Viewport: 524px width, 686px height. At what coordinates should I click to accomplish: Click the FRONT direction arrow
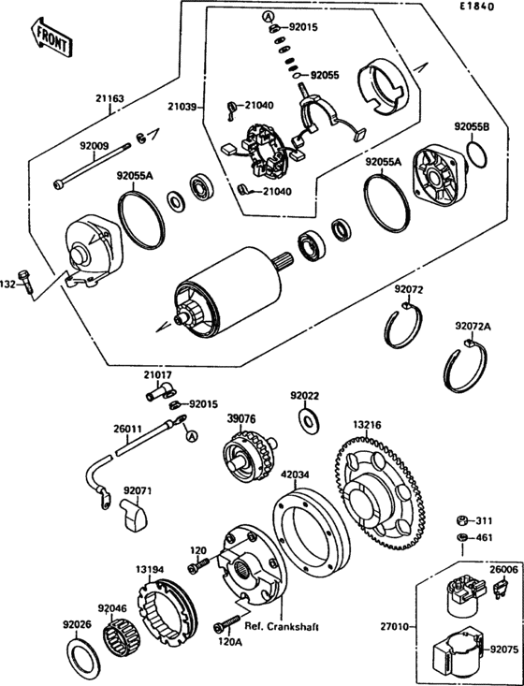click(51, 35)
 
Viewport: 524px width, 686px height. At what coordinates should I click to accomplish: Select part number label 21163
click(109, 97)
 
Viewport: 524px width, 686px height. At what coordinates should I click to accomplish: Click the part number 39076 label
click(241, 419)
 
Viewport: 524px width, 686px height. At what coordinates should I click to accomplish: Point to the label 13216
click(367, 424)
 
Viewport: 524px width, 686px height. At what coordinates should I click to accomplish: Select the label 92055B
click(473, 125)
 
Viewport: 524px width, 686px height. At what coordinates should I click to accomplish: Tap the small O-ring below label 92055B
click(476, 155)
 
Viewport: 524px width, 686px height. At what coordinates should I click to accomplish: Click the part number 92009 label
click(94, 146)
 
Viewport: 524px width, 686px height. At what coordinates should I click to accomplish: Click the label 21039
click(182, 109)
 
